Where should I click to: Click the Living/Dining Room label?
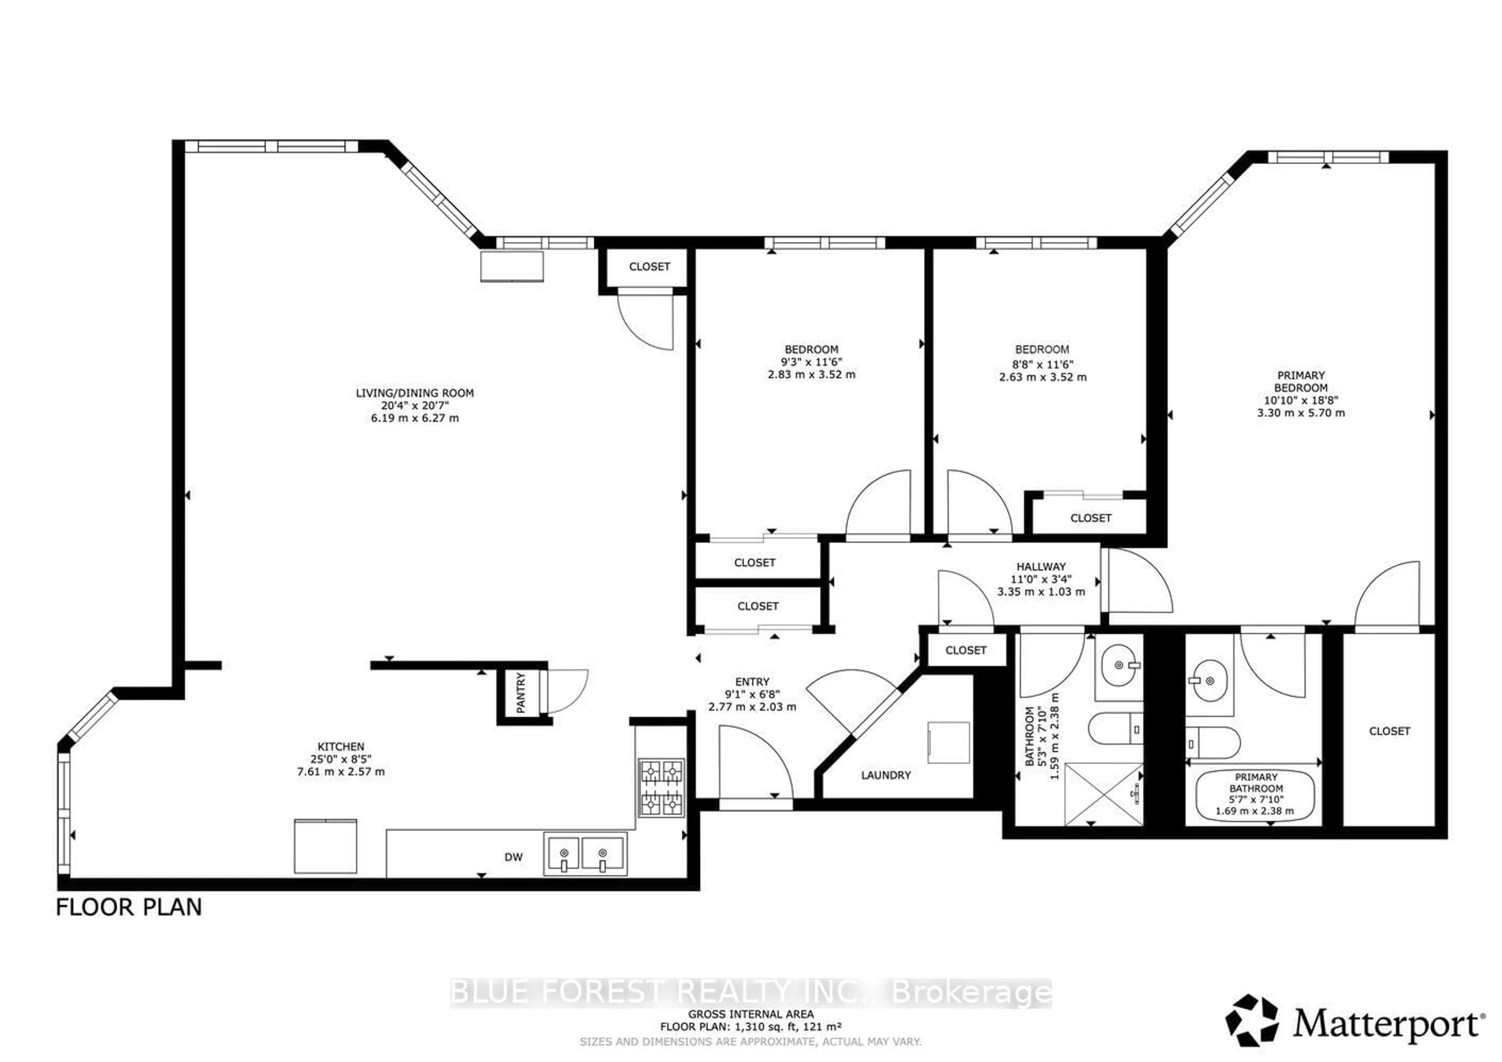tap(414, 393)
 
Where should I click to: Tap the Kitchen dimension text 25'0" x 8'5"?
tap(340, 759)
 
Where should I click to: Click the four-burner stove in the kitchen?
tap(661, 788)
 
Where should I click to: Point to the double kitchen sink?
tap(584, 854)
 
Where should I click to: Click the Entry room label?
tap(752, 682)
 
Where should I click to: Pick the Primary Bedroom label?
tap(1301, 381)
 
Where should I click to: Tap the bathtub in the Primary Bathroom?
tap(1255, 795)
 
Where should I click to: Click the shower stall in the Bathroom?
tap(1103, 794)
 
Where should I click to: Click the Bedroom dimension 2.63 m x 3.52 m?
tap(1042, 377)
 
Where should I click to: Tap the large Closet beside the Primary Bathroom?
tap(1389, 731)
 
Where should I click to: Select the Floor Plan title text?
tap(129, 908)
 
